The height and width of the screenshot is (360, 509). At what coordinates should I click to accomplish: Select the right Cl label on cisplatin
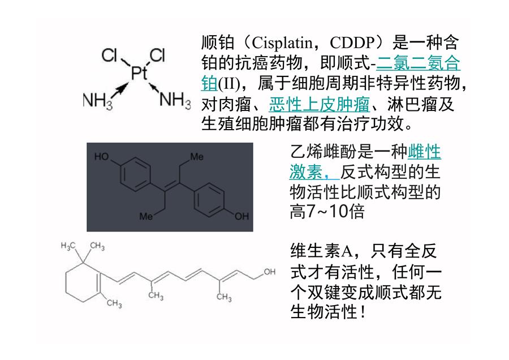[157, 55]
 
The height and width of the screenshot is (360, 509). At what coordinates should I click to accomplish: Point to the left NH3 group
[98, 101]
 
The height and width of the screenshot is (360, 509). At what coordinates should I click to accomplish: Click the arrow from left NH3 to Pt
[120, 91]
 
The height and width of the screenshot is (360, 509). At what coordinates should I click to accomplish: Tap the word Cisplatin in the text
[282, 42]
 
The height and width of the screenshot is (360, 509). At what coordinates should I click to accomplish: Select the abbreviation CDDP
[352, 42]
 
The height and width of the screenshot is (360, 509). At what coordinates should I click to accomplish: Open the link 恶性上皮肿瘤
[320, 104]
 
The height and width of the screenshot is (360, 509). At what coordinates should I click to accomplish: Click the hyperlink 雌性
[424, 151]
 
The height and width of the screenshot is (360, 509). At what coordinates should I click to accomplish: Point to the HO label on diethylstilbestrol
[102, 157]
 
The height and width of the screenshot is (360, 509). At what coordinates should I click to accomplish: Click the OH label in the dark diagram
[242, 216]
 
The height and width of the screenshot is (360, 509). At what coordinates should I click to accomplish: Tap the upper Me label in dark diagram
[197, 157]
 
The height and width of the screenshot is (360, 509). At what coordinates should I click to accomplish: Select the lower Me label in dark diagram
[146, 216]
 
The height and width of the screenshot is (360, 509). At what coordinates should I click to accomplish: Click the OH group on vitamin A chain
[269, 272]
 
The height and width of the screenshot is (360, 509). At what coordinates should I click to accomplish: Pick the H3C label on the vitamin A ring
[68, 246]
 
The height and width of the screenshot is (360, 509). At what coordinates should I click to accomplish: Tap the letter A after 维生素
[347, 251]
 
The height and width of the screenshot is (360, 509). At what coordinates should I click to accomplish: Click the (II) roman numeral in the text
[229, 84]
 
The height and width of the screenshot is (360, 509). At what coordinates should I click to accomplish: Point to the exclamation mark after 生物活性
[363, 311]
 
